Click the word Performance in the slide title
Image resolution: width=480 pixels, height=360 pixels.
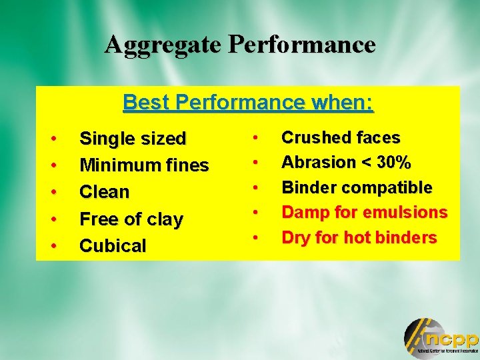point(302,45)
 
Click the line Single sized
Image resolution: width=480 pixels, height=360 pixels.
point(133,139)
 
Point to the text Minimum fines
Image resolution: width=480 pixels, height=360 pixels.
point(144,165)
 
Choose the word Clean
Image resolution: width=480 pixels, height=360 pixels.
point(104,192)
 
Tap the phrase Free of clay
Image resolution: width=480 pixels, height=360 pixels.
point(131,219)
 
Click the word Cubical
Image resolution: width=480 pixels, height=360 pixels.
point(113,246)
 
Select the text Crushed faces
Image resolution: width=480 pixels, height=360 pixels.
point(341,138)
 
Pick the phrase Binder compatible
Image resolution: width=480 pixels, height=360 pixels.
point(357,187)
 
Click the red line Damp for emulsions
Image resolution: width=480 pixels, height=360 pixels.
point(364,213)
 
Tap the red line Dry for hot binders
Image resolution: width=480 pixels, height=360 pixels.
point(359,237)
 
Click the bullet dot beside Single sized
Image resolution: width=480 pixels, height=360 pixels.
point(53,139)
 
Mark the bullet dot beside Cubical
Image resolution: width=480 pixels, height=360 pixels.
point(53,246)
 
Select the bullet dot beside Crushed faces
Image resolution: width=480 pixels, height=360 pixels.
point(255,138)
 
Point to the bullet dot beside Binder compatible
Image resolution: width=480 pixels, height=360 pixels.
point(255,188)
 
